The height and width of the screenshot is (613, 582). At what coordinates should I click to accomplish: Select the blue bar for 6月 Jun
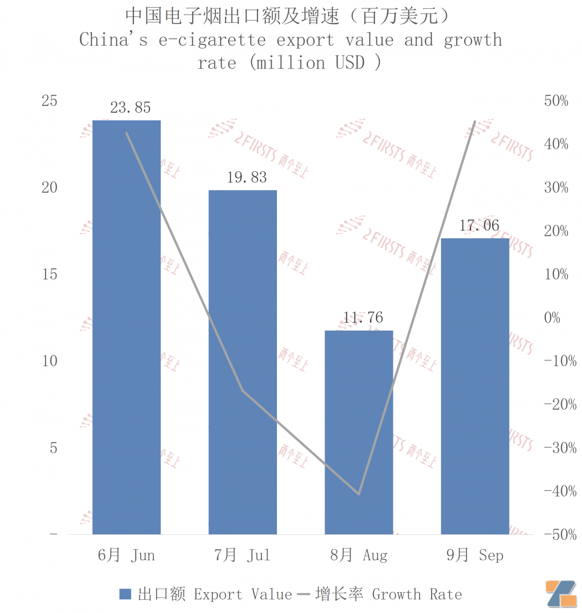tap(127, 328)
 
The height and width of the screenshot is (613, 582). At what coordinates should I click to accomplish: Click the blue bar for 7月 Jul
tap(242, 362)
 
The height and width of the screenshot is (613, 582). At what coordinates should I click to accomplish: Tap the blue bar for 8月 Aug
tap(359, 432)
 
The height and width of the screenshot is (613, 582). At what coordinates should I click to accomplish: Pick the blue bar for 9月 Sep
tap(475, 386)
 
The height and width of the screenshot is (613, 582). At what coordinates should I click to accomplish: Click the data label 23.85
tap(130, 107)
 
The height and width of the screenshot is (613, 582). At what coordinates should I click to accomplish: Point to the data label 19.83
tap(247, 177)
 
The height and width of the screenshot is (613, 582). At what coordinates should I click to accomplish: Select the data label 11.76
tap(363, 317)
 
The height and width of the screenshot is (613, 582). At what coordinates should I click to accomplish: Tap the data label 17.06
tap(479, 225)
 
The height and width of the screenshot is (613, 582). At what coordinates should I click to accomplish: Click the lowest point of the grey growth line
tap(359, 494)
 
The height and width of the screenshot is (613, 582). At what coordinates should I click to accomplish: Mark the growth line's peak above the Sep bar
tap(475, 122)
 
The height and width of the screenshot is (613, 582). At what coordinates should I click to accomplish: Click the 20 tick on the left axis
tap(49, 187)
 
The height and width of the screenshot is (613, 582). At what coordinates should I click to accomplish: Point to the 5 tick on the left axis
tap(53, 447)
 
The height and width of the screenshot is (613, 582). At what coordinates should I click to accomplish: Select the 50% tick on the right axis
tap(556, 101)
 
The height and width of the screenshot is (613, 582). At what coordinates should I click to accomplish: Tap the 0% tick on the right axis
tap(552, 318)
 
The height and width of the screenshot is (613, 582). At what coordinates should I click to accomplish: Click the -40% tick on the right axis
tap(560, 491)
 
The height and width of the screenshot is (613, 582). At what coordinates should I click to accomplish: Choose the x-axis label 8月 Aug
tap(359, 555)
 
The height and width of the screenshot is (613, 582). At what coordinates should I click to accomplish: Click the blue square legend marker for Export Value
tap(125, 594)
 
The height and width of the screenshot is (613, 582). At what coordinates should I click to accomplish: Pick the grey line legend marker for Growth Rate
tap(303, 594)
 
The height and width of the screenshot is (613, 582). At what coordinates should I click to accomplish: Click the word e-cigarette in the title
tap(212, 40)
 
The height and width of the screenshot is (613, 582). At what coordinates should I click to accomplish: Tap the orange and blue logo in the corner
tap(561, 594)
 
